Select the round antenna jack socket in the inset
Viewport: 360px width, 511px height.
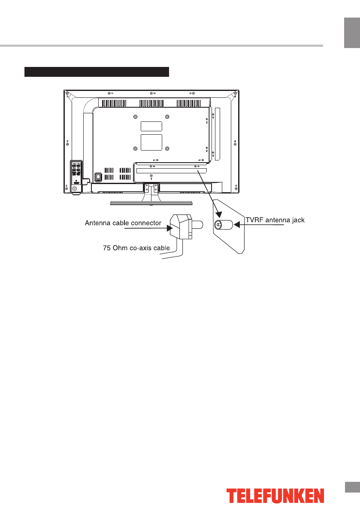pos(219,224)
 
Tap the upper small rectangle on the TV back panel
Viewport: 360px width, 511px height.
pos(151,126)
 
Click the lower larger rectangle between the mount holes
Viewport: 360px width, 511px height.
pos(151,142)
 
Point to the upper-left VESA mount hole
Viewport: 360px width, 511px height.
pos(136,117)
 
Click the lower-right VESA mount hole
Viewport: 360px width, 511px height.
pos(167,148)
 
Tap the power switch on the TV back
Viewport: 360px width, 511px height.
pos(98,175)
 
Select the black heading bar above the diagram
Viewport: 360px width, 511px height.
pos(97,71)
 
